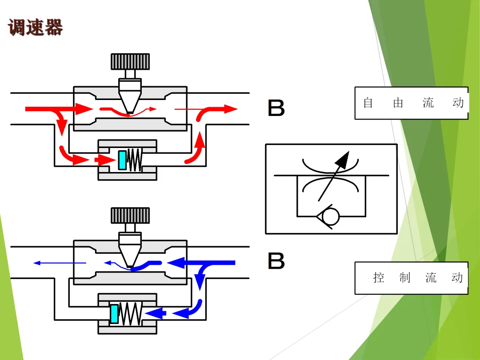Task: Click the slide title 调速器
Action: (x=36, y=27)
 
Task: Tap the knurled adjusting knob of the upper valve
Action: (x=130, y=62)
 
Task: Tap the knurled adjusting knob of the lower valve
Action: (x=130, y=216)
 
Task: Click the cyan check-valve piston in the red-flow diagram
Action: (x=122, y=160)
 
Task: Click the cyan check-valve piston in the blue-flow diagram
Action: (x=115, y=314)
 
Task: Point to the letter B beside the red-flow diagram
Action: (x=276, y=108)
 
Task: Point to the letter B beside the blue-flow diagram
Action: (x=276, y=261)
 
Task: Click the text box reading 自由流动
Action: (x=411, y=103)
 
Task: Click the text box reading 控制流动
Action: (x=411, y=278)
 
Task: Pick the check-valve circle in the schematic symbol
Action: (x=331, y=216)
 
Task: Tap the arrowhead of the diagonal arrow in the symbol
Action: (x=344, y=158)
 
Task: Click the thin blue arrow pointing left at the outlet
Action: (x=58, y=263)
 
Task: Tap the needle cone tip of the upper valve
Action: (x=129, y=111)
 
